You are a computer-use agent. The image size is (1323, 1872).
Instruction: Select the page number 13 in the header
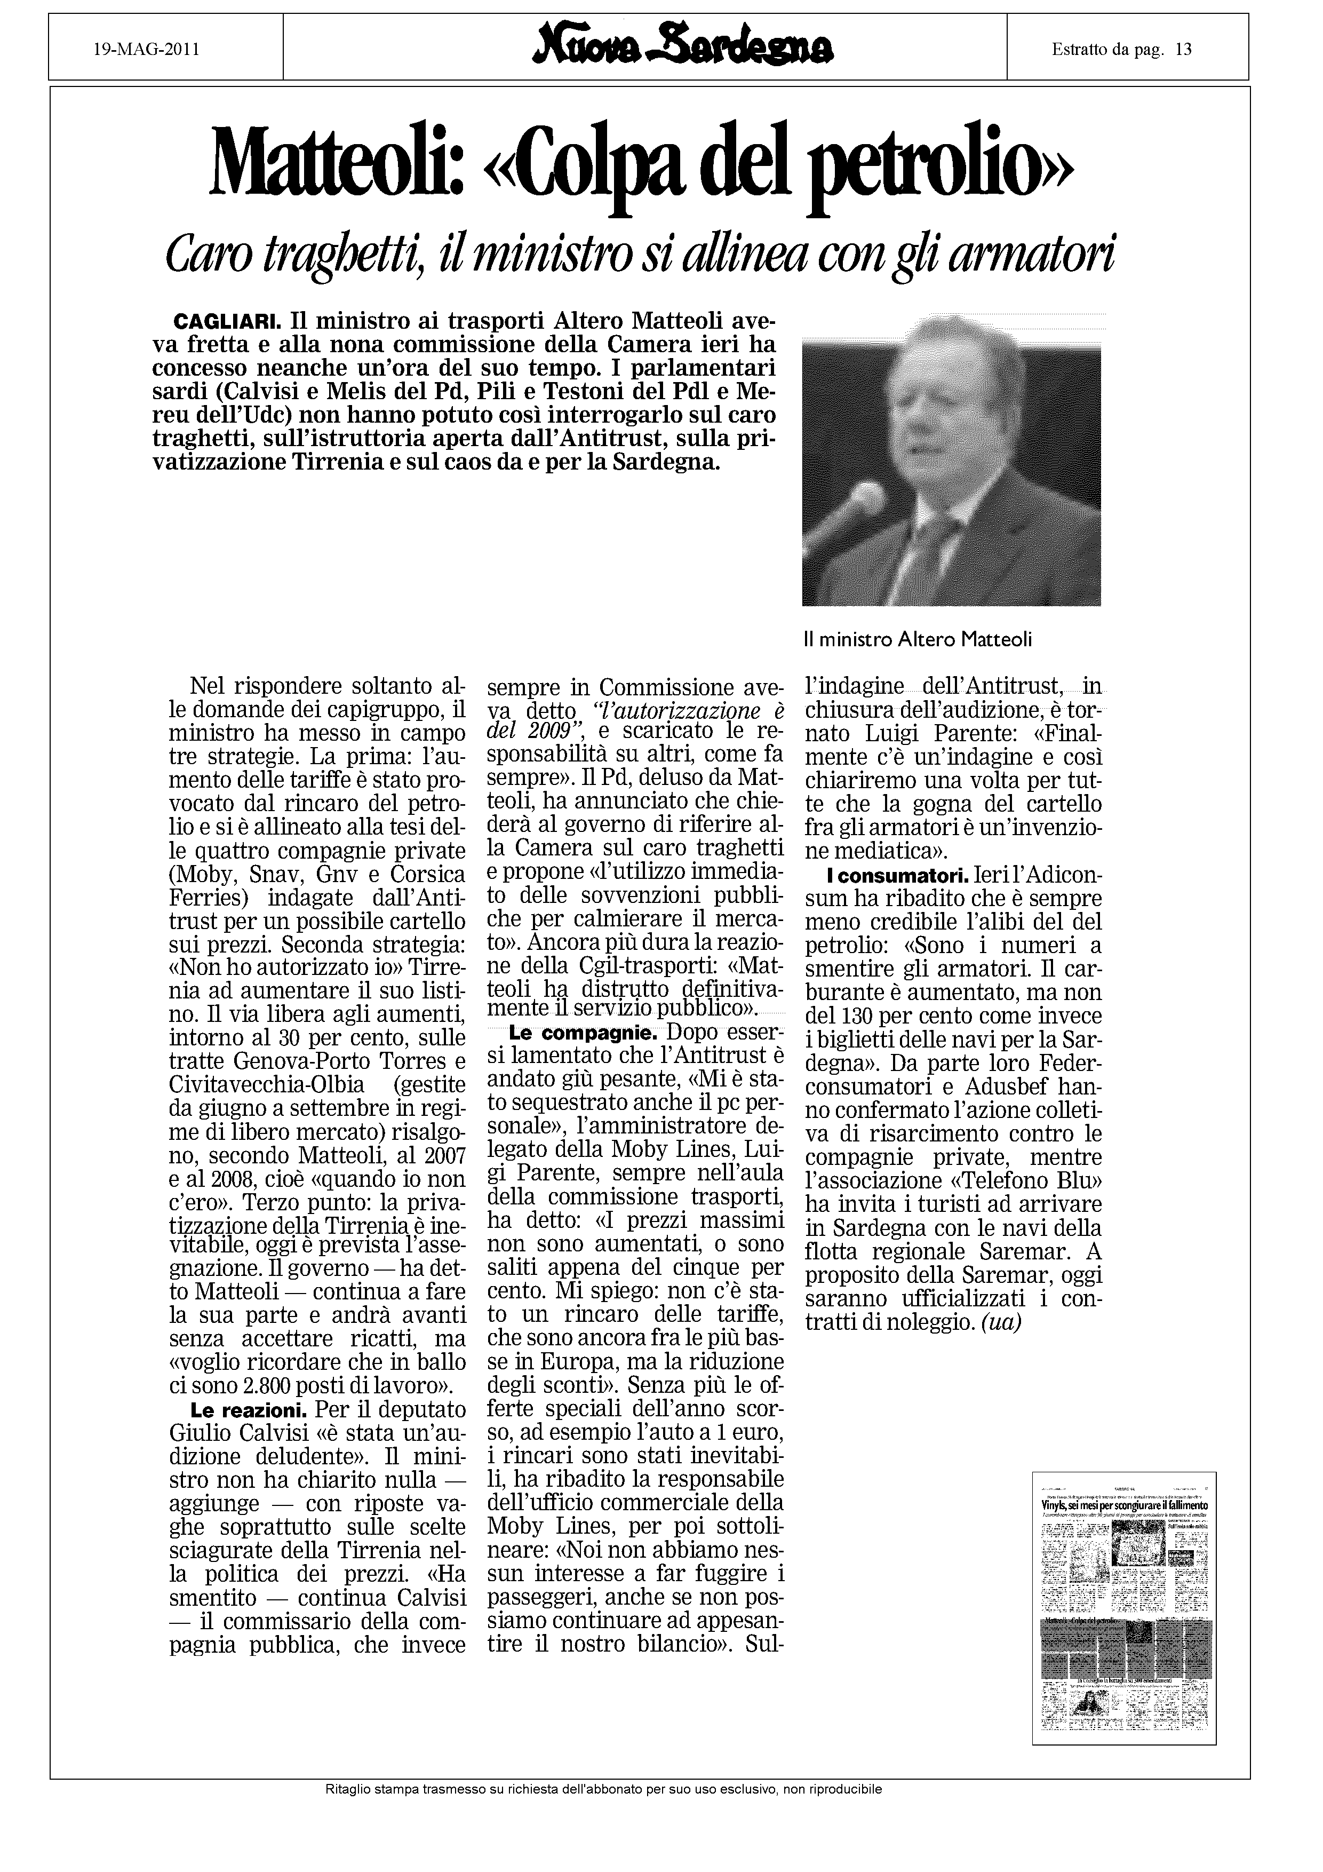pyautogui.click(x=1184, y=50)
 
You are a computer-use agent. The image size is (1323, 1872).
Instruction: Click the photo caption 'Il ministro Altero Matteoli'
pyautogui.click(x=917, y=640)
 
